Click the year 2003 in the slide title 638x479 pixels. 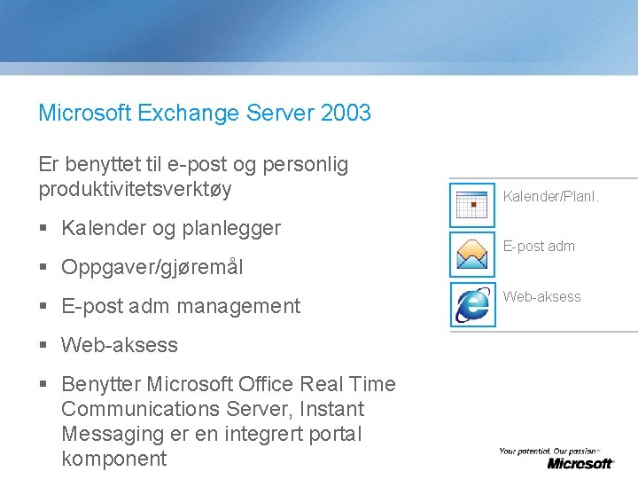pos(346,114)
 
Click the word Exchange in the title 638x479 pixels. pos(183,114)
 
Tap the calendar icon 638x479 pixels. pos(472,204)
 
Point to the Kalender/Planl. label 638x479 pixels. pos(550,196)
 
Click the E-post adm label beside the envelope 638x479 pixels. pos(539,247)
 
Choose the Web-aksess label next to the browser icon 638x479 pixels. pos(541,297)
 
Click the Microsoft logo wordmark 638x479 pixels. pos(580,463)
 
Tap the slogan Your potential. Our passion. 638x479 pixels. pos(549,452)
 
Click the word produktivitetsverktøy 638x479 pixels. pos(135,189)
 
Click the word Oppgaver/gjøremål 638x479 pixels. pos(152,267)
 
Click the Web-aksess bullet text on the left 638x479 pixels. pos(119,345)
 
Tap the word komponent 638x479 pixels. pos(113,459)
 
